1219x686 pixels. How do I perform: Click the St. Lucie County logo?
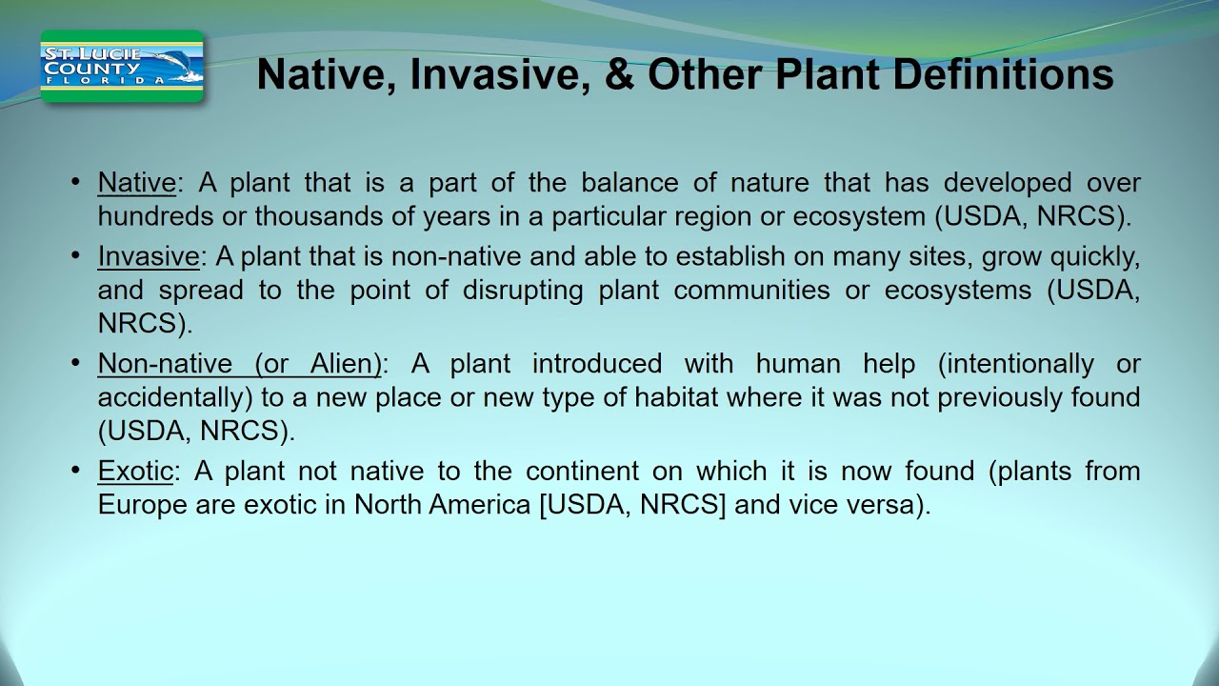(x=122, y=67)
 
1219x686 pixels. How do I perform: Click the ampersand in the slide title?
(x=618, y=74)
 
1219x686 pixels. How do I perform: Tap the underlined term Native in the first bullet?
(x=136, y=183)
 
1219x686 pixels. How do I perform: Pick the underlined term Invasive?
(x=148, y=256)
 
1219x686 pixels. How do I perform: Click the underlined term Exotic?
(x=135, y=471)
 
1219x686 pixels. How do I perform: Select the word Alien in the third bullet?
(x=345, y=364)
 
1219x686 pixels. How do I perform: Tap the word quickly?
(x=1094, y=256)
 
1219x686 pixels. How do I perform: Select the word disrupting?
(x=523, y=290)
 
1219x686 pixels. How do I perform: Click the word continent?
(x=581, y=471)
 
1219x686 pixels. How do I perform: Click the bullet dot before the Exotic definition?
(x=76, y=471)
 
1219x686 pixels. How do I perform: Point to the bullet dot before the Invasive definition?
(x=76, y=256)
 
